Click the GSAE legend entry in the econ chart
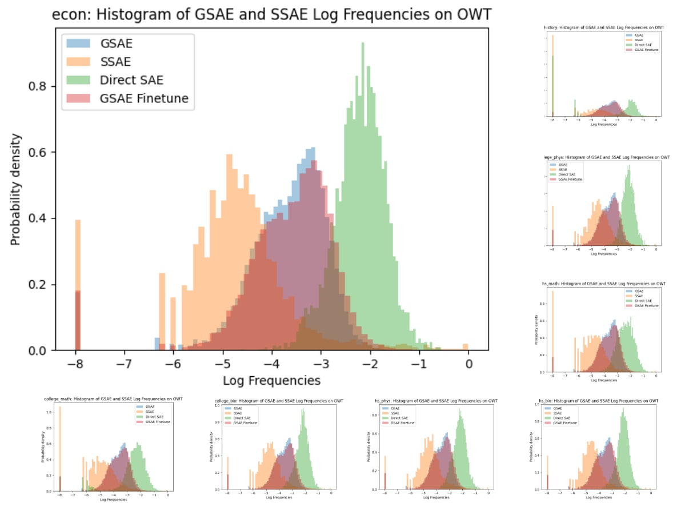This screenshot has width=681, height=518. pos(121,43)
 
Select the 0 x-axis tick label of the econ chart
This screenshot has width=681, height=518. pos(468,364)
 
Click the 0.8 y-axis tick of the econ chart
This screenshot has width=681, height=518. pos(45,86)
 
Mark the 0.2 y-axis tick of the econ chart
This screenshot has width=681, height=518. pos(45,285)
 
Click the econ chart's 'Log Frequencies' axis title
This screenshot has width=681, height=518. pos(271,380)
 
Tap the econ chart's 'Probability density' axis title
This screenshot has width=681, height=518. pos(16,189)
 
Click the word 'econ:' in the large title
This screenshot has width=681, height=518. pos(70,15)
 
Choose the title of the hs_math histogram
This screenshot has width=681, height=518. pos(603,284)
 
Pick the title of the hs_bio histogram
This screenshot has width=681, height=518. pos(598,401)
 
